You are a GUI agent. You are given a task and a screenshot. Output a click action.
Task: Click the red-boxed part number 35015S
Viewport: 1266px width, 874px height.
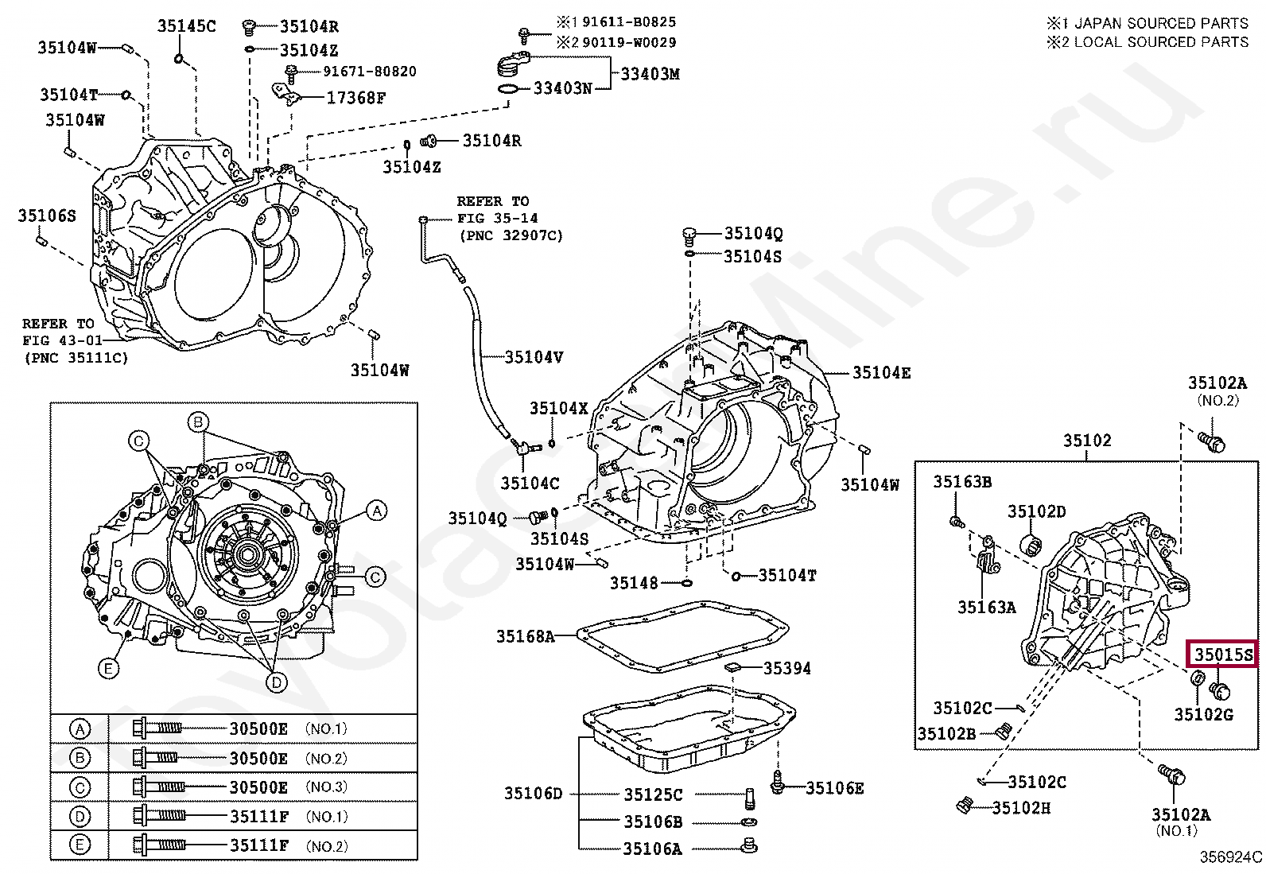1223,655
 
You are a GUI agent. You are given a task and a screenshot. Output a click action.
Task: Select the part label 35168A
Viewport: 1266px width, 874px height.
525,636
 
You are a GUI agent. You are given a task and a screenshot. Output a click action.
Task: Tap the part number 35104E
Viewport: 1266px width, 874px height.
881,372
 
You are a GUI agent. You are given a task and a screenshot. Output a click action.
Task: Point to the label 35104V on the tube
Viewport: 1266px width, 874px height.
534,357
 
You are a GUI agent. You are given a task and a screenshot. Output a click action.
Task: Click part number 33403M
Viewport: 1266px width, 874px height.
650,74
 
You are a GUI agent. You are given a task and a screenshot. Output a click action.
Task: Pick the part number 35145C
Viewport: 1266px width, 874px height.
186,26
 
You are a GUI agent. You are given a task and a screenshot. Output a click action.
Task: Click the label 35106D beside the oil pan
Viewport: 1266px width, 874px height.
533,793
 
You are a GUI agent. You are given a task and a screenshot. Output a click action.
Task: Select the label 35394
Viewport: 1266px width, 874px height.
786,669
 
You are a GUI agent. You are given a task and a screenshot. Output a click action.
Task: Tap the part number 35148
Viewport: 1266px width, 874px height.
634,583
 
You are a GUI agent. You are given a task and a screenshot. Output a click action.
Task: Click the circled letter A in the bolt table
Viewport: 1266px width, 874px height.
80,728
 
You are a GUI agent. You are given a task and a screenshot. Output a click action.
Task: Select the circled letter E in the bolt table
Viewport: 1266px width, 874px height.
80,845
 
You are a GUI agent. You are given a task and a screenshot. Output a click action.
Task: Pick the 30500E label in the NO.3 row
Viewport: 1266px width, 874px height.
258,787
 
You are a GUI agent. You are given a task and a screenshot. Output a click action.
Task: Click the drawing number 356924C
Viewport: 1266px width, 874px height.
1231,857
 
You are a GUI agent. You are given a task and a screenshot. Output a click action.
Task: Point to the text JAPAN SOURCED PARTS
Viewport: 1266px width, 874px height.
1161,24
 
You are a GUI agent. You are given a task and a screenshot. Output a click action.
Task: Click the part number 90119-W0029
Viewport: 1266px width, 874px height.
629,42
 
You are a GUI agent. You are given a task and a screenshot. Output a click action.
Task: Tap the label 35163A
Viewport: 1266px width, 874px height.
986,608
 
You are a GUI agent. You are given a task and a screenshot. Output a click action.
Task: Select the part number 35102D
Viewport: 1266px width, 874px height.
1036,511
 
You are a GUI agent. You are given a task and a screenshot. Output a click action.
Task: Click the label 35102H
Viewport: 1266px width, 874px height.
1020,808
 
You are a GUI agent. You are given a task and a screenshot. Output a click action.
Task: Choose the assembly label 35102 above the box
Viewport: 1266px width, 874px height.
1087,440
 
